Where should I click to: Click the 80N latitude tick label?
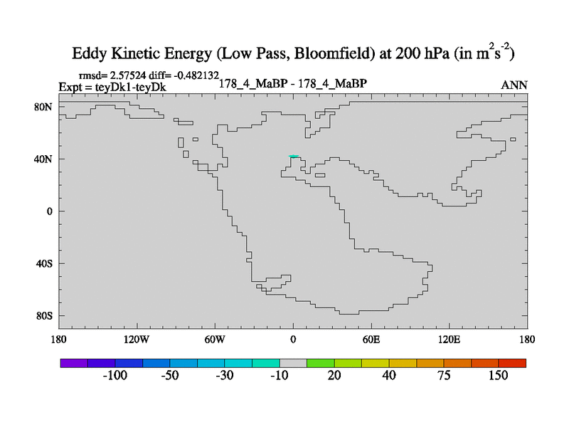pos(44,107)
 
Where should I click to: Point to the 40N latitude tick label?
pos(44,159)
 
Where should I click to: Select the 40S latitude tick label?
pos(44,263)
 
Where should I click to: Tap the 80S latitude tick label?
pos(44,315)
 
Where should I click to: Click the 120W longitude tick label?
pos(136,339)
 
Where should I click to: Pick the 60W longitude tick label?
pos(215,339)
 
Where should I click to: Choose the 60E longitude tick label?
pos(371,339)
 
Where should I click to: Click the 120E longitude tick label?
pos(450,339)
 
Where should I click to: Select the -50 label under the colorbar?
pos(169,375)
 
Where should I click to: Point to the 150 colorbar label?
pos(498,375)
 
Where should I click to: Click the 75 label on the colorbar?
pos(444,375)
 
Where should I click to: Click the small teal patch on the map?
pos(293,156)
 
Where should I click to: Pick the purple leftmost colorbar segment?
pos(73,362)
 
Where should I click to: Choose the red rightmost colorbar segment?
pos(512,362)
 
